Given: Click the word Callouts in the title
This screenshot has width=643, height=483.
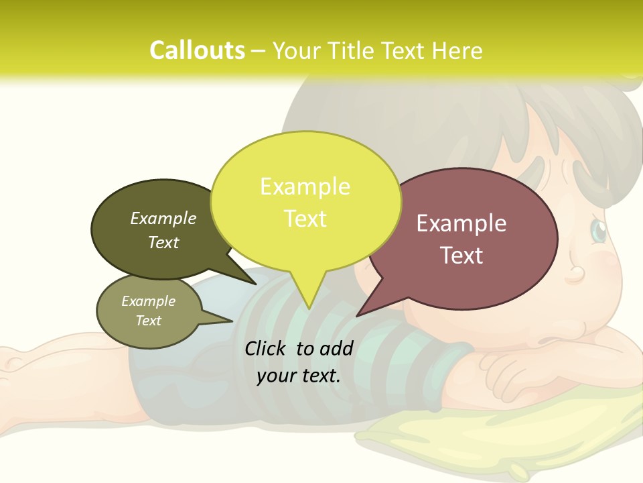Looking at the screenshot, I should click(197, 50).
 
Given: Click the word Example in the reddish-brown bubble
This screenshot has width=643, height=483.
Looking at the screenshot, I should click(461, 223).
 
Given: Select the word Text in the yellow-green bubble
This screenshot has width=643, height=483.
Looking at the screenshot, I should click(305, 219).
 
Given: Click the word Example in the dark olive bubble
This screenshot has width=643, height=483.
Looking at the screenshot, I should click(163, 218).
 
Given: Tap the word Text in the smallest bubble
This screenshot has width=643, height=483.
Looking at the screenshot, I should click(149, 321).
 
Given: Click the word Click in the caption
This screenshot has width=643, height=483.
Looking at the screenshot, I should click(267, 348).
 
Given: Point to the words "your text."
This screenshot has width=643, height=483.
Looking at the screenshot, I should click(299, 376).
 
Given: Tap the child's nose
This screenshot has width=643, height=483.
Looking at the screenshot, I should click(577, 274).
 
